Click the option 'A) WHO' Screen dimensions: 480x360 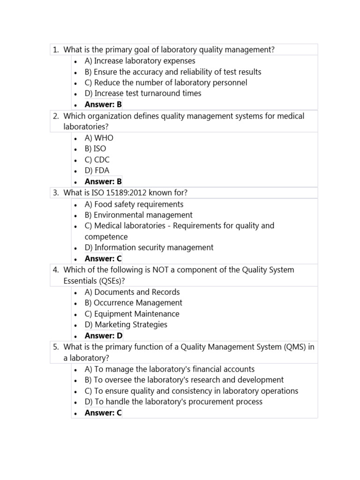99,138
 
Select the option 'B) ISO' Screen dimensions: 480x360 95,149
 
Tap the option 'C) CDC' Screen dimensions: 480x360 97,159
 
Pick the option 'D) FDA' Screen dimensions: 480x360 97,171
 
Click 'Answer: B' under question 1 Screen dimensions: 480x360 103,105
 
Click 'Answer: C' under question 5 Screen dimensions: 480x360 103,413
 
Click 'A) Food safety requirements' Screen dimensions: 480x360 134,204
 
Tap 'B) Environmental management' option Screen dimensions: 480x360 138,215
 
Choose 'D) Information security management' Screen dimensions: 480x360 149,247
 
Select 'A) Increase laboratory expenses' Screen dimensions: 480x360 140,61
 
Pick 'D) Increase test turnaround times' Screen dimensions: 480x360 143,93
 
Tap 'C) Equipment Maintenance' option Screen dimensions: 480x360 132,314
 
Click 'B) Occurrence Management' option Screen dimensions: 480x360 133,303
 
